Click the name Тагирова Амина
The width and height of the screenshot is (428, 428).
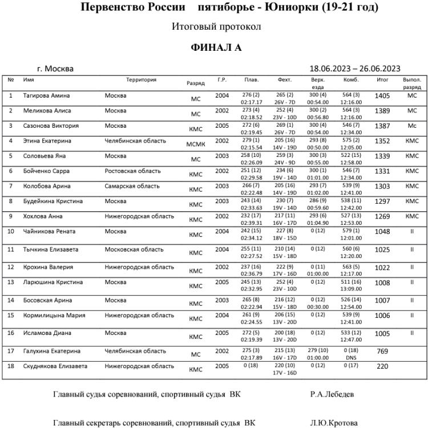(47, 95)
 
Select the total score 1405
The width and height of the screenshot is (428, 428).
(382, 96)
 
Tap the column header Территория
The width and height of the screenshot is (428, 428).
(141, 80)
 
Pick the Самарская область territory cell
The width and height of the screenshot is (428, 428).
(132, 186)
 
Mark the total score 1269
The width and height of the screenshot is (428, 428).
(382, 217)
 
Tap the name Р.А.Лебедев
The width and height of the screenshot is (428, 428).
(334, 394)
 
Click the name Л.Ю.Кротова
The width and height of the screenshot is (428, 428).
(334, 423)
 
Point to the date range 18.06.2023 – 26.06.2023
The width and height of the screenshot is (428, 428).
(354, 68)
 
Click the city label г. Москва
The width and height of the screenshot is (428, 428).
(54, 69)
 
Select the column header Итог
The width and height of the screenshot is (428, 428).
(382, 80)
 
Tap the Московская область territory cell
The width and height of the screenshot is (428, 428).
(134, 249)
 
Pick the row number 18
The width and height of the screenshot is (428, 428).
(11, 366)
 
